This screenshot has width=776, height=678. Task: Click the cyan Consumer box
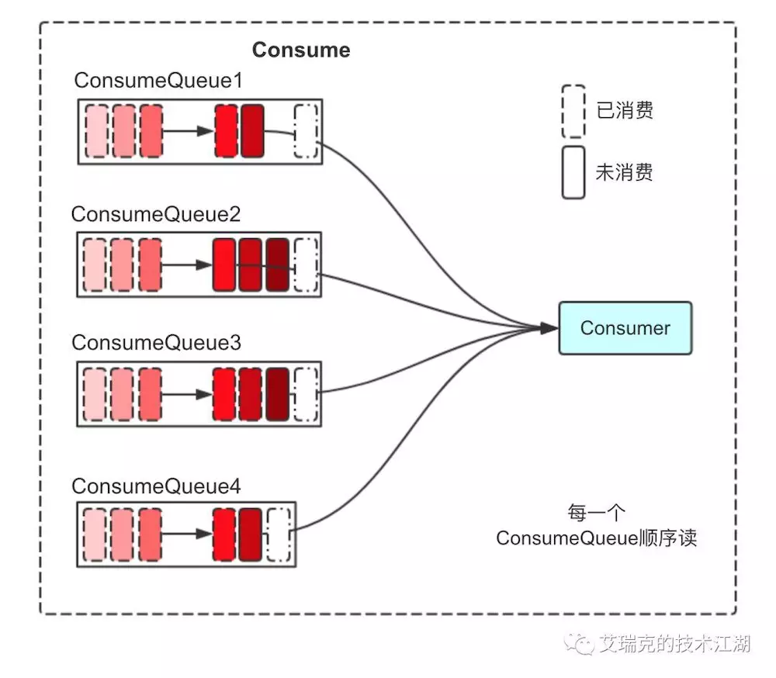(625, 328)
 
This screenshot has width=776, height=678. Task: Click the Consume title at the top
(301, 50)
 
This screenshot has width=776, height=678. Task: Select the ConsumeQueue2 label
(155, 214)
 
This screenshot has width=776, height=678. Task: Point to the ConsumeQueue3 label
(156, 342)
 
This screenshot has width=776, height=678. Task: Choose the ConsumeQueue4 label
(156, 486)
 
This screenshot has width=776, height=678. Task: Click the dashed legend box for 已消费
(573, 110)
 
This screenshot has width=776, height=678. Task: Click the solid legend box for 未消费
(573, 172)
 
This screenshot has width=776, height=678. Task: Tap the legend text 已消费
(625, 110)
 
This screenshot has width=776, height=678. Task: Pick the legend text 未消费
(625, 172)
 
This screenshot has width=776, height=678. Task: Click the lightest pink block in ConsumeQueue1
(96, 130)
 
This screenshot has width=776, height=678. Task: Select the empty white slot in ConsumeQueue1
(306, 131)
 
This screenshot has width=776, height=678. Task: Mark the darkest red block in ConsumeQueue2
(277, 265)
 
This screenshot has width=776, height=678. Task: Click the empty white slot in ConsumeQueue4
(278, 534)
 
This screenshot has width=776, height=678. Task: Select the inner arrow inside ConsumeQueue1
(188, 131)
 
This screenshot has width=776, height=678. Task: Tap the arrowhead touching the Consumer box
(549, 329)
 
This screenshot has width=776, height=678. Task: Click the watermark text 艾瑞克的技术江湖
(674, 643)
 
